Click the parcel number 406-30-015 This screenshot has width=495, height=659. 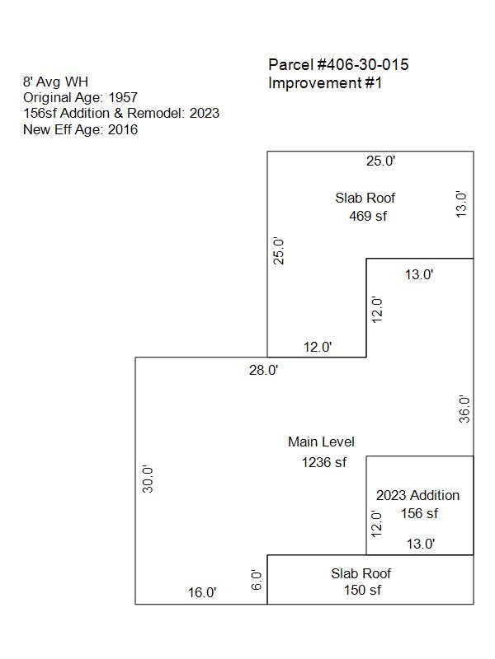(x=367, y=65)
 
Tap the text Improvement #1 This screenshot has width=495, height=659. (x=325, y=83)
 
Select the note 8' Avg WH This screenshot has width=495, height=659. (x=55, y=82)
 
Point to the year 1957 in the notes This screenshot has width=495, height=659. (x=123, y=97)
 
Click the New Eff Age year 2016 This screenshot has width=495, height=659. (x=122, y=129)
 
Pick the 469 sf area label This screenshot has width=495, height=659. (x=368, y=216)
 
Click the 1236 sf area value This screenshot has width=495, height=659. (x=323, y=462)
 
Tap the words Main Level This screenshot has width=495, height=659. (x=321, y=442)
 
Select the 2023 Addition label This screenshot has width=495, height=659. (x=417, y=495)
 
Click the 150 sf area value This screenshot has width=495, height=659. (x=362, y=590)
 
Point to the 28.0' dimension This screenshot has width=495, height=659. (x=263, y=370)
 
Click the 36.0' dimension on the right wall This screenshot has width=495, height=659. (x=464, y=409)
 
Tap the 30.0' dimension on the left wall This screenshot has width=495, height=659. (x=148, y=479)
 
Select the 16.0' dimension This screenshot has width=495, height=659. (x=202, y=592)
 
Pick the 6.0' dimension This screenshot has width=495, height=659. (x=257, y=580)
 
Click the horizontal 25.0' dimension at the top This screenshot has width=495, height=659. (x=380, y=161)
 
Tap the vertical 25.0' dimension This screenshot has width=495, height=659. (x=279, y=250)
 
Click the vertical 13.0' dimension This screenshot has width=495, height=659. (x=461, y=204)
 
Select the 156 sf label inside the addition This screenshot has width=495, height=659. (x=419, y=513)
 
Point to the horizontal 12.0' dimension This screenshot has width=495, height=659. (x=318, y=347)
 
